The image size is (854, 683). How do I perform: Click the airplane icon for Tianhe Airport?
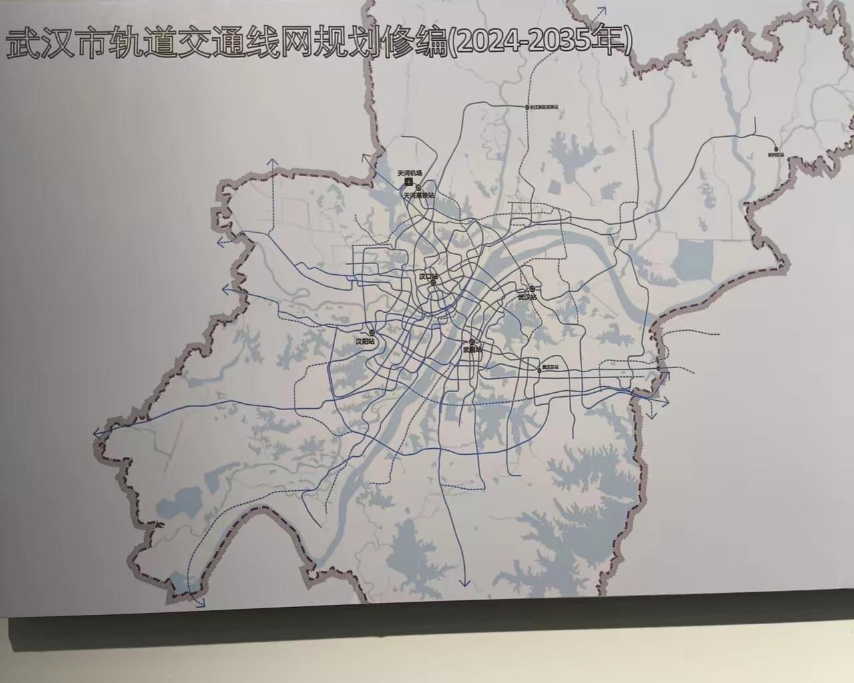coord(399,181)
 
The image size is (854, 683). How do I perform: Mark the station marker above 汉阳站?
coord(372,332)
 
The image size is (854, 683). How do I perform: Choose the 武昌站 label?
coord(471,350)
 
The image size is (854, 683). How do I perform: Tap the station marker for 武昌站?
coord(471,342)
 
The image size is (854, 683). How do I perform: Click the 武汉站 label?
coord(527,297)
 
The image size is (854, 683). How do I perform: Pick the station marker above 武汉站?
coord(532,289)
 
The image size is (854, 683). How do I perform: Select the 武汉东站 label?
coord(550,367)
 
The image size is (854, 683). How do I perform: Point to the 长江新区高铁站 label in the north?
coord(544,107)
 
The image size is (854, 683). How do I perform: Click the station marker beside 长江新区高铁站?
coord(527,107)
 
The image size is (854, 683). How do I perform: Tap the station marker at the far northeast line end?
coord(775,149)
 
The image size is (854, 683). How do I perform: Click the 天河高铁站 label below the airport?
coord(419,195)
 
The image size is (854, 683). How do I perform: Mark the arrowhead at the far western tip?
coord(97,434)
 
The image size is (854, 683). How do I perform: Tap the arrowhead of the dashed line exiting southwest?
coord(200,604)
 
